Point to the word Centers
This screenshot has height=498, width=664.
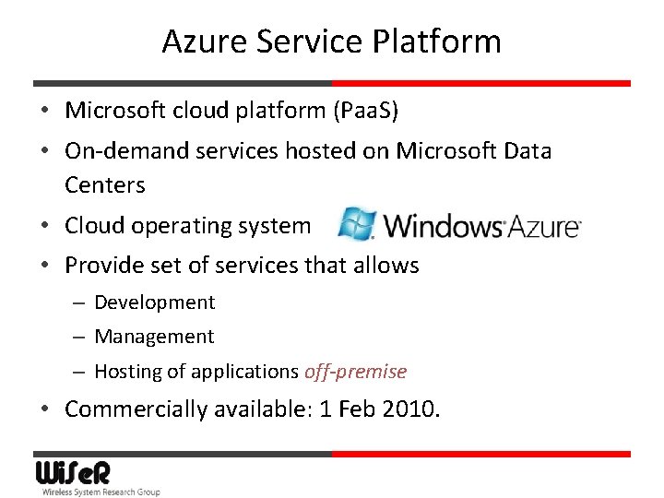(105, 184)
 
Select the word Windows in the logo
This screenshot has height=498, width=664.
(441, 225)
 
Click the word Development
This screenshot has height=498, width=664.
(154, 302)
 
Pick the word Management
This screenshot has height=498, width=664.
(154, 337)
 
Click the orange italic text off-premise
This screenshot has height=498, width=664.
(355, 372)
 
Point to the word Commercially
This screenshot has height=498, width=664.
(136, 409)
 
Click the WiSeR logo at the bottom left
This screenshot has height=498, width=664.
(73, 473)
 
